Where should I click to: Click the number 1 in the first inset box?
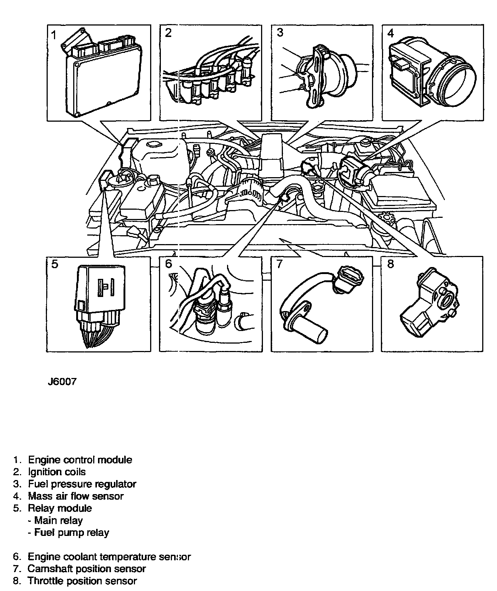tap(54, 36)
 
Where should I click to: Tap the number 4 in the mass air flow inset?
tap(390, 33)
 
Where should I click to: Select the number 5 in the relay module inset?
tap(54, 264)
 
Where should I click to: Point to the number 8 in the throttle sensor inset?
tap(390, 264)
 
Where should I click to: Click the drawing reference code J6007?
tap(62, 382)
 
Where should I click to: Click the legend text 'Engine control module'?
tap(80, 460)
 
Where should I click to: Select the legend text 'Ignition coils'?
tap(57, 472)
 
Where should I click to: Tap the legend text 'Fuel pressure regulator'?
tap(82, 484)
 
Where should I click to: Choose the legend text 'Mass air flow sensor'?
tap(75, 496)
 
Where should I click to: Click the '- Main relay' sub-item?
tap(55, 520)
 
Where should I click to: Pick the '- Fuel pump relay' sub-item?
tap(68, 533)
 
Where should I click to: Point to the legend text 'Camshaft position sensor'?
tap(87, 568)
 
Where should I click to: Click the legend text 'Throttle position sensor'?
tap(82, 581)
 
